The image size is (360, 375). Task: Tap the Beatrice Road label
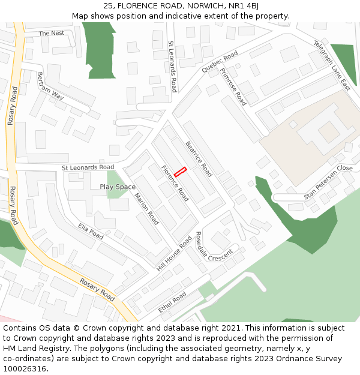tap(199, 158)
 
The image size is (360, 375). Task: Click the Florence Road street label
tap(175, 183)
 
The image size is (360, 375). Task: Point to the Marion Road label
tap(146, 209)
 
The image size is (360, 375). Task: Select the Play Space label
tap(118, 187)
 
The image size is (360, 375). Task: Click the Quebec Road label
tap(220, 63)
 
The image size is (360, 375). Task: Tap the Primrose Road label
tap(233, 86)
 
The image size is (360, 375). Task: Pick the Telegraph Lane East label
tap(331, 65)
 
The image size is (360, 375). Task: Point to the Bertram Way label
tap(50, 86)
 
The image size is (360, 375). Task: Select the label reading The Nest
tap(52, 33)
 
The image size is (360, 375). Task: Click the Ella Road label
tap(91, 231)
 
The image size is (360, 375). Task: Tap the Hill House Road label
tap(174, 253)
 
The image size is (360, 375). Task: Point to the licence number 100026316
tap(26, 368)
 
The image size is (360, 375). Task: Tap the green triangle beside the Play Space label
tap(115, 180)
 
